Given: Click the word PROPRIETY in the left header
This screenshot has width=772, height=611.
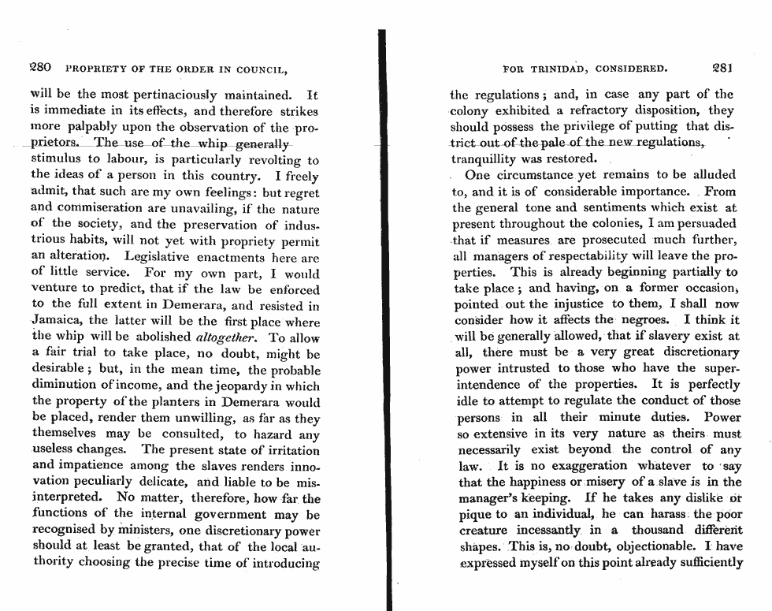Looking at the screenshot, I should [95, 69].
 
